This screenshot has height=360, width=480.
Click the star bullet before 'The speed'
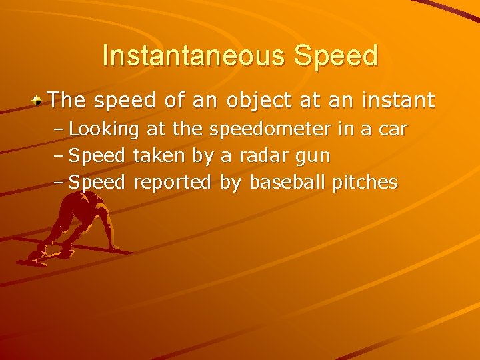[39, 101]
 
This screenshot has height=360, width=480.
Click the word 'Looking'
[104, 129]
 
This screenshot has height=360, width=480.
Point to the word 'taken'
[159, 155]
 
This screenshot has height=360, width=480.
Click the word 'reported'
[172, 183]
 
